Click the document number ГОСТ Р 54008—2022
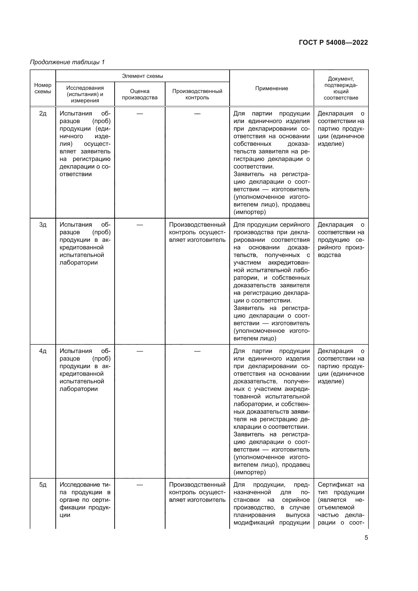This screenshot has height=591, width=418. point(333,42)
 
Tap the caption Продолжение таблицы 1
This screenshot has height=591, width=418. point(67,62)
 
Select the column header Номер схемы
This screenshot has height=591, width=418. point(43,88)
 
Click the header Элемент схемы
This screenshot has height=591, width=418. point(142,76)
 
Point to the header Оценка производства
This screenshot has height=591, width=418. point(140,94)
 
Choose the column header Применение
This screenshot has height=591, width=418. point(271,88)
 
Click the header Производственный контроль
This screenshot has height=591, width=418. point(197,94)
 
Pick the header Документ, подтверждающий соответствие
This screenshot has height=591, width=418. point(341,88)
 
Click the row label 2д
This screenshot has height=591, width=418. point(43,113)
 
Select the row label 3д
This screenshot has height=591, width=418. point(43,225)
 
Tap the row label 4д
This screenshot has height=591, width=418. point(43,351)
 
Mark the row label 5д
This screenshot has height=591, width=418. point(43,485)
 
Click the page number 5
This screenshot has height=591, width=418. point(366,537)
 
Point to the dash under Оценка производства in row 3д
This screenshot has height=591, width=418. point(140,225)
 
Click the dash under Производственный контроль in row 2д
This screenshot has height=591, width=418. point(197,114)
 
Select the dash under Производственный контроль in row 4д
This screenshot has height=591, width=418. point(197,351)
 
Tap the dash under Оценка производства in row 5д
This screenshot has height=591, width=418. point(140,485)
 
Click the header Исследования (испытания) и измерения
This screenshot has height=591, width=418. point(85,94)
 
